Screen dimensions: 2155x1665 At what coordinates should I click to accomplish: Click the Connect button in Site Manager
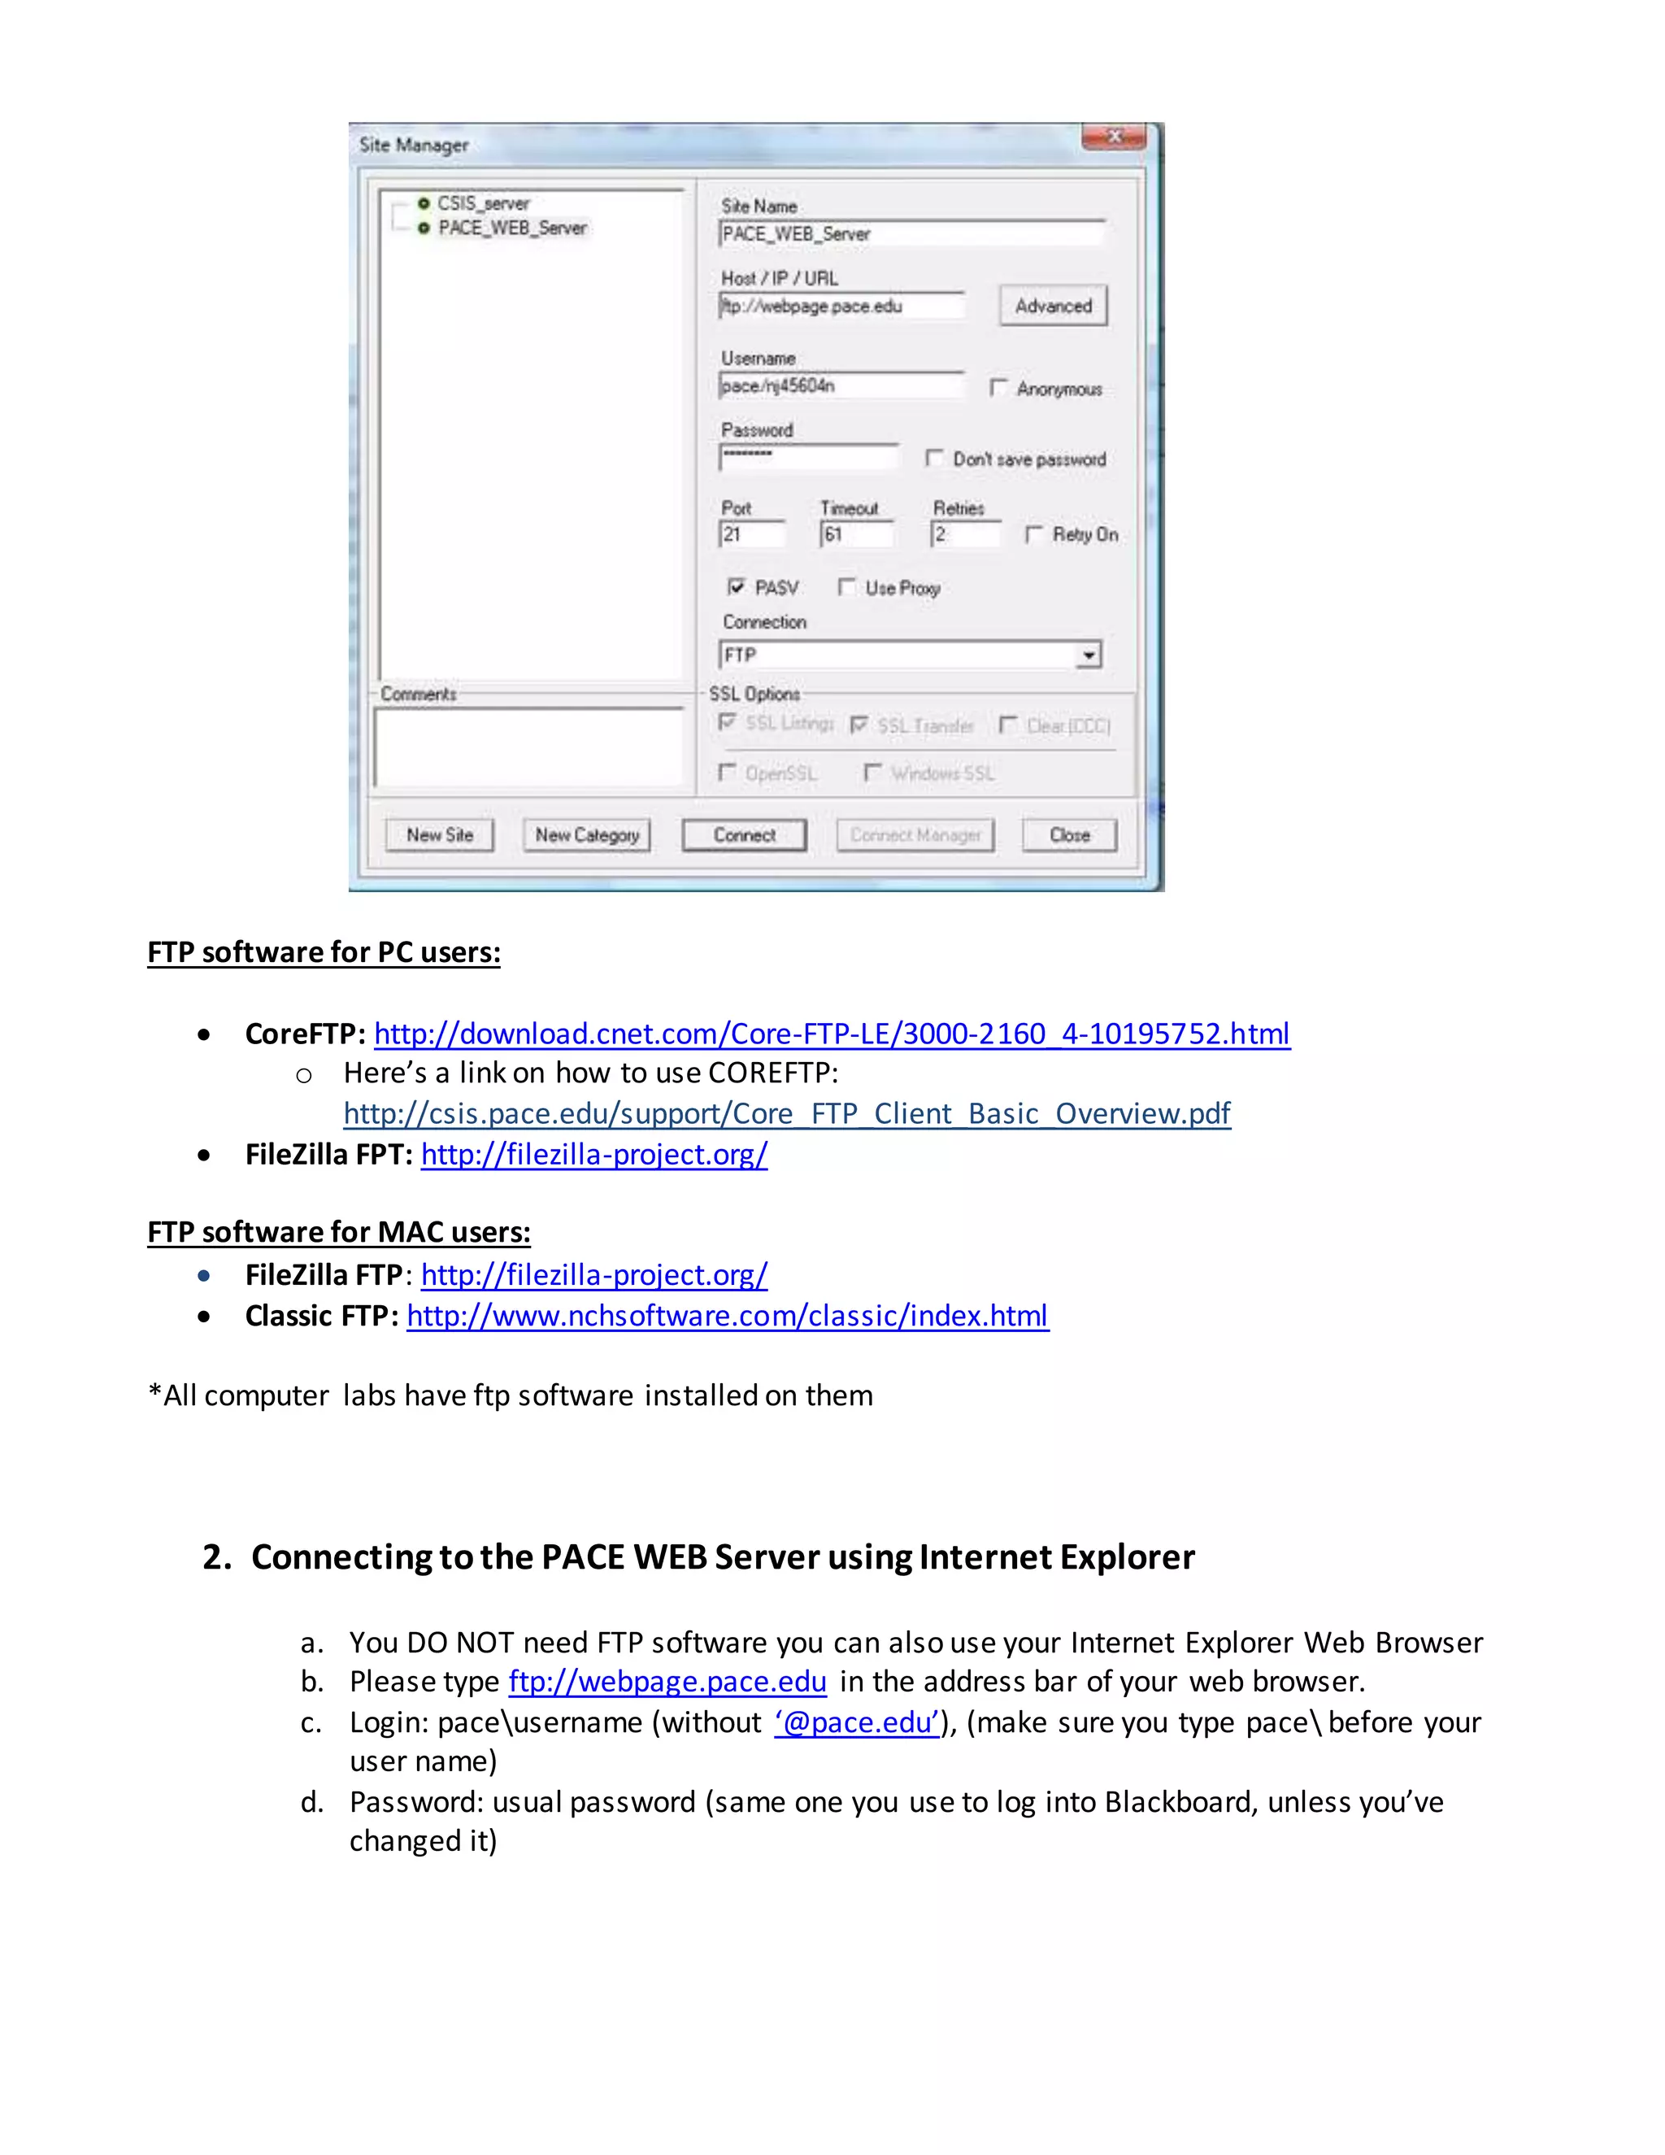(x=744, y=835)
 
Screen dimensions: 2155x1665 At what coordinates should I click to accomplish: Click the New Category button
(x=587, y=835)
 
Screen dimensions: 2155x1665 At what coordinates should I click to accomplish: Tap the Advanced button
(x=1053, y=306)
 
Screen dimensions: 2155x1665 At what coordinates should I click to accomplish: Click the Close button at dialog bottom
(x=1069, y=835)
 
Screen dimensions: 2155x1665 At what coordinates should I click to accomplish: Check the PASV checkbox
(x=736, y=587)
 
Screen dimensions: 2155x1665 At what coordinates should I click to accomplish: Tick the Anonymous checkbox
(x=998, y=388)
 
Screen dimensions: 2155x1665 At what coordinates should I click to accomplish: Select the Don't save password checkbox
(x=934, y=459)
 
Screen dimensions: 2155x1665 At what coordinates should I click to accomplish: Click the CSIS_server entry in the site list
(x=484, y=203)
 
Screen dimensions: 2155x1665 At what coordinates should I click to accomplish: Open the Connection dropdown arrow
(x=1088, y=655)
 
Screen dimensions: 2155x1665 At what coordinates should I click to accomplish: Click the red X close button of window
(x=1115, y=137)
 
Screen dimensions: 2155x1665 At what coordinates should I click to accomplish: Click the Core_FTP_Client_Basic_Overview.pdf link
(x=786, y=1114)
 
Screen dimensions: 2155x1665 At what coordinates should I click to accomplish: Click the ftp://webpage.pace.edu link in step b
(x=667, y=1682)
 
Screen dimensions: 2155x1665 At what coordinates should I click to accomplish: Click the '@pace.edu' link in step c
(x=856, y=1722)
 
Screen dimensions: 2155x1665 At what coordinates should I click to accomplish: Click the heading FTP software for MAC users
(x=338, y=1232)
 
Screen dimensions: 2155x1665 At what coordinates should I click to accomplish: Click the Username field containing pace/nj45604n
(x=841, y=385)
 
